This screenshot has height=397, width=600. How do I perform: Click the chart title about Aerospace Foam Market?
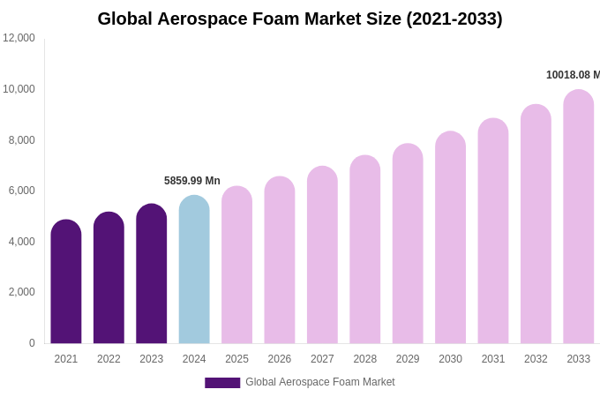coord(300,19)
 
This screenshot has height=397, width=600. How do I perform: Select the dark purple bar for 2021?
coord(66,282)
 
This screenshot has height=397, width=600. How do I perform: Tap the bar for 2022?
coord(109,278)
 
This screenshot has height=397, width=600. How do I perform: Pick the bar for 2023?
coord(152,274)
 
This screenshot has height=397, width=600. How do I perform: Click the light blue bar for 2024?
coord(194,270)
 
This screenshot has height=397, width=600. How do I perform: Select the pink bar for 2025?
coord(236,266)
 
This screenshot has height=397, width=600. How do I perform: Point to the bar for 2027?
coord(322,256)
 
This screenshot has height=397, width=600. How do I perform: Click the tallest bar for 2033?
coord(579,217)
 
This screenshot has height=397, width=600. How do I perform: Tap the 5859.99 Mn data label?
coord(192,181)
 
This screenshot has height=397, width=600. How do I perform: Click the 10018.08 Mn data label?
coord(573,75)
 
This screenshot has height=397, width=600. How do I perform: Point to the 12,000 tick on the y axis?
coord(19,38)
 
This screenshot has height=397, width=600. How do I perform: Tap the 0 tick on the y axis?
coord(32,343)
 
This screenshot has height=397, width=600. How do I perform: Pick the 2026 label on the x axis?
coord(280,359)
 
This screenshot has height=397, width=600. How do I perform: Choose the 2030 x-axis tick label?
coord(450,359)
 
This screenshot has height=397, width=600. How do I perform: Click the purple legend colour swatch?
coord(222,383)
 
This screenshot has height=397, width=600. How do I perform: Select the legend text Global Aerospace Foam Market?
coord(320,382)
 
